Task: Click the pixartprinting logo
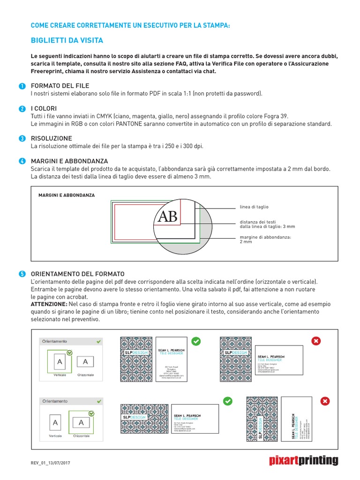(303, 460)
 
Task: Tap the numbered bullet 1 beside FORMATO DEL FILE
(22, 86)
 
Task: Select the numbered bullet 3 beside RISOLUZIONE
(22, 139)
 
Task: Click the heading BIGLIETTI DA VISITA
(67, 40)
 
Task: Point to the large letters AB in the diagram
(167, 217)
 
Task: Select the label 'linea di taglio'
(254, 207)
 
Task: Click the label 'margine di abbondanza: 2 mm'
(265, 240)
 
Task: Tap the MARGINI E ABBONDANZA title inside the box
(67, 195)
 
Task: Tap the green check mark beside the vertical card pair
(196, 341)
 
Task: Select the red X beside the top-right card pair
(315, 341)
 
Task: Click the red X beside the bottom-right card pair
(325, 401)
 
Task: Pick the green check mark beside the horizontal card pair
(227, 401)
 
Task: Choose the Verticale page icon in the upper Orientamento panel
(60, 362)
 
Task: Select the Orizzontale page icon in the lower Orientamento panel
(81, 423)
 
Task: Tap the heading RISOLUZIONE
(51, 139)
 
